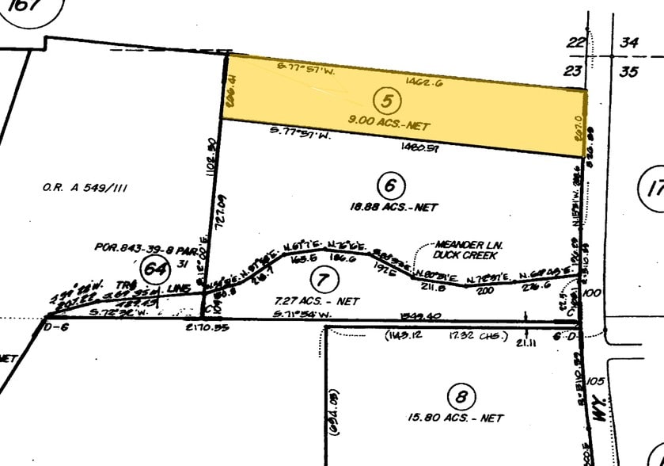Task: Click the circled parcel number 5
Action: (388, 101)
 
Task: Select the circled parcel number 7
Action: (321, 279)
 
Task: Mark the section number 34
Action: (628, 42)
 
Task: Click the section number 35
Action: (628, 71)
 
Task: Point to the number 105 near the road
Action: (596, 381)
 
